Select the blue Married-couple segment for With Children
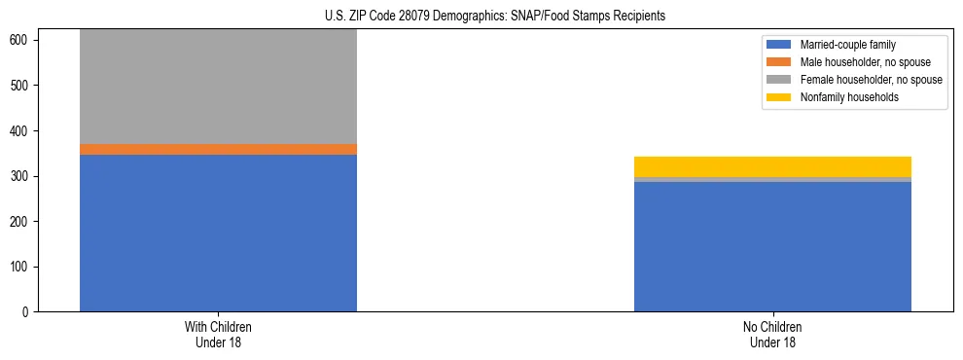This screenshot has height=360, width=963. (x=218, y=233)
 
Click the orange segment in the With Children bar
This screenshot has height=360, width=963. (x=218, y=149)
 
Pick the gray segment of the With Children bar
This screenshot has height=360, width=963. (x=218, y=87)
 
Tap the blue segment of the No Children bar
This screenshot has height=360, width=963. (x=772, y=246)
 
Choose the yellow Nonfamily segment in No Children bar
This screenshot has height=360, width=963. (x=772, y=166)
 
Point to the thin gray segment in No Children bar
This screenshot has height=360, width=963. (x=772, y=179)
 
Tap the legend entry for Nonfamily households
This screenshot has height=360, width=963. (x=842, y=97)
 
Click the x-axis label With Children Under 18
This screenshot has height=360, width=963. (x=218, y=334)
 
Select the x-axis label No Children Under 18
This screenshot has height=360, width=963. (x=772, y=334)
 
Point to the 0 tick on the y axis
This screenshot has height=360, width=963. (x=27, y=312)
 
